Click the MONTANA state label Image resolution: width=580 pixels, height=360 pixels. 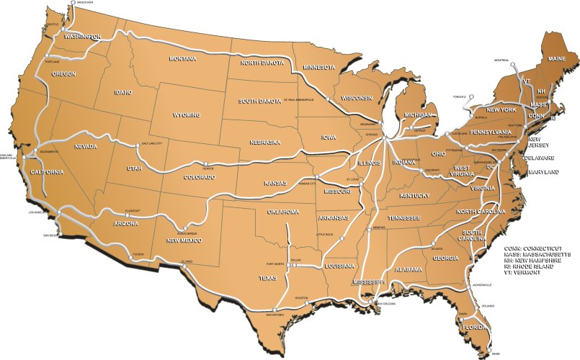tap(182, 58)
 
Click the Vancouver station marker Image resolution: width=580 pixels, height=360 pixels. tap(73, 4)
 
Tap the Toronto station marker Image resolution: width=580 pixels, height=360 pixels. tap(470, 96)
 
